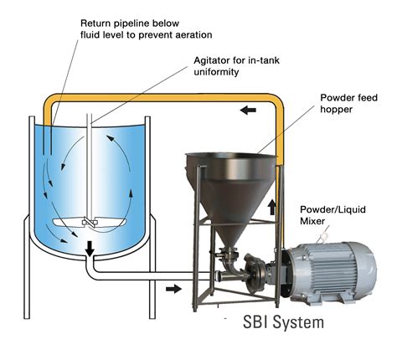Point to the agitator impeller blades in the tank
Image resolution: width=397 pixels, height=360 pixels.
coord(86,224)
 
